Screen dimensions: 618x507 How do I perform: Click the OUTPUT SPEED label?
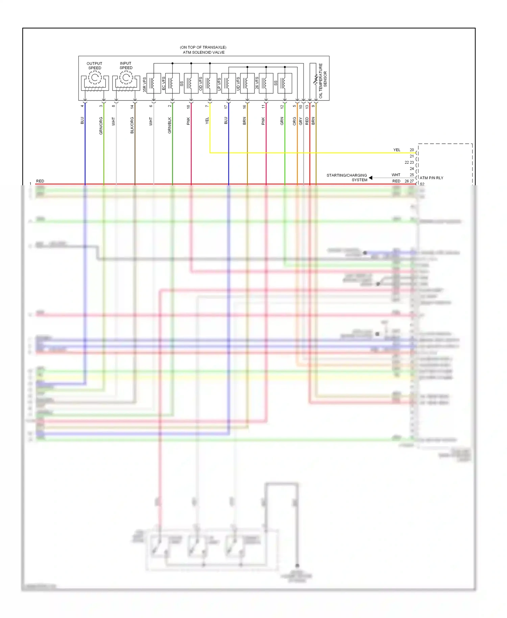point(94,66)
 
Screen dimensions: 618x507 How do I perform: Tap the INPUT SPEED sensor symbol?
point(126,78)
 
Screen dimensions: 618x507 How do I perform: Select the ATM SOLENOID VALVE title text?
point(203,52)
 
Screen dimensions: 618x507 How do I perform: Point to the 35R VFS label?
point(145,85)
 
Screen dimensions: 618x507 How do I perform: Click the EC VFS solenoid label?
point(164,83)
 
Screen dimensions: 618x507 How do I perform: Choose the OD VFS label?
point(201,84)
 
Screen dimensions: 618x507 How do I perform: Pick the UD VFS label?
point(238,84)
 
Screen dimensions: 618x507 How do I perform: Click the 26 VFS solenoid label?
point(257,83)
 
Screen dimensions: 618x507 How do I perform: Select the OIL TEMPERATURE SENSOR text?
point(323,81)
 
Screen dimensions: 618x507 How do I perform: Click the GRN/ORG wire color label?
point(101,126)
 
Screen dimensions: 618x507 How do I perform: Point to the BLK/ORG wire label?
point(132,125)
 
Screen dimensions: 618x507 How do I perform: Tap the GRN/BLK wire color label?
point(170,125)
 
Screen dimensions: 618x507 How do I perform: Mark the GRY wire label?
point(300,121)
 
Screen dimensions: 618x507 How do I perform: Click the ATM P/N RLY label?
point(431,178)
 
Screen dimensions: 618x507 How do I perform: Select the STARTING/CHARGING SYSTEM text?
point(347,177)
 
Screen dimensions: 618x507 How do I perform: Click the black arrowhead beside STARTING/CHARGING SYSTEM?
point(371,178)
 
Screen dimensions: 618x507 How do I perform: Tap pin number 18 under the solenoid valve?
point(189,106)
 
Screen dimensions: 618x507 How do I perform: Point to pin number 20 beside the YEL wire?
point(412,150)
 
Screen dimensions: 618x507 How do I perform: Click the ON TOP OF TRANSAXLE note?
point(203,47)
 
